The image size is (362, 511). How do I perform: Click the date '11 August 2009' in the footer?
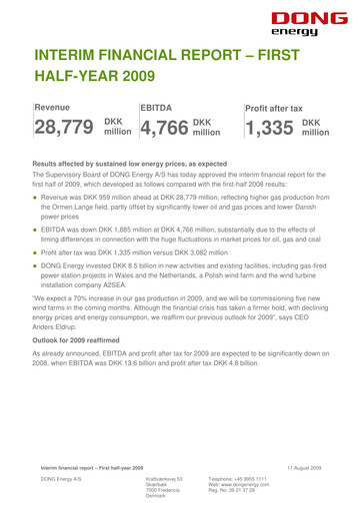[x=321, y=469]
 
